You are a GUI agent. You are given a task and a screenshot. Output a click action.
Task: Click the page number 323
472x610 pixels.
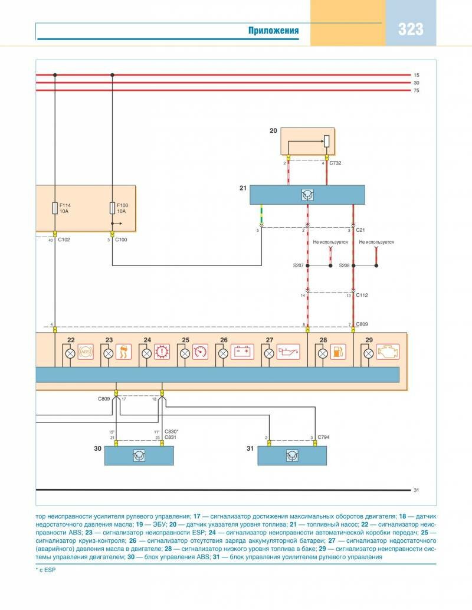coord(411,29)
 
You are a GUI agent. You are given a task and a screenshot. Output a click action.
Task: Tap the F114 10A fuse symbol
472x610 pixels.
coord(55,208)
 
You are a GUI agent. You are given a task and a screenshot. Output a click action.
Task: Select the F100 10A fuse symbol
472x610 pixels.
coord(112,208)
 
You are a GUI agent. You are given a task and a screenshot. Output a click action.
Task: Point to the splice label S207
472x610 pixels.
coord(298,266)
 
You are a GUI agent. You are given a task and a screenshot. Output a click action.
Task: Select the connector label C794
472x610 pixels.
coord(323,438)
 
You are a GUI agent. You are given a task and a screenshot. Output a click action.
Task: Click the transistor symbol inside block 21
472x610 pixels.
coord(307,195)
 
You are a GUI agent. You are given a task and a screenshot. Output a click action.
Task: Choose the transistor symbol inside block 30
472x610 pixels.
coord(139,455)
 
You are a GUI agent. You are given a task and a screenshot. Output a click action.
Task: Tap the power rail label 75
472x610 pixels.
coord(416,90)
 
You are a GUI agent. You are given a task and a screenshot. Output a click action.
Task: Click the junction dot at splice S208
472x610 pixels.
coord(376,266)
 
